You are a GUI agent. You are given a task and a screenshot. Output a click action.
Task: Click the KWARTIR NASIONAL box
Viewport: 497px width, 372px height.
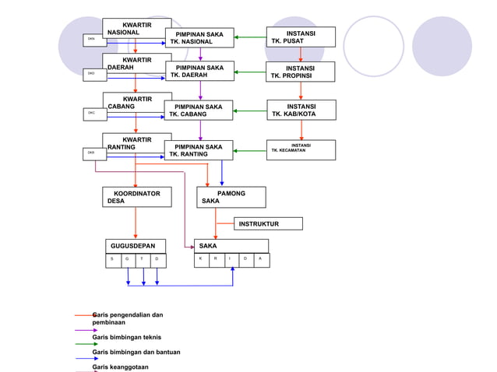pos(136,28)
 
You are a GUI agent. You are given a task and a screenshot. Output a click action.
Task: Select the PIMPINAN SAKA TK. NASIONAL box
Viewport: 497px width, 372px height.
pos(199,38)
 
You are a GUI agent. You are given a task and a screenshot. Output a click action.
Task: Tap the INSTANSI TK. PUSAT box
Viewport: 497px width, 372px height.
pos(301,37)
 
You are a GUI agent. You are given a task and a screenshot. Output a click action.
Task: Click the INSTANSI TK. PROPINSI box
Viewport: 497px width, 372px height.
pos(301,72)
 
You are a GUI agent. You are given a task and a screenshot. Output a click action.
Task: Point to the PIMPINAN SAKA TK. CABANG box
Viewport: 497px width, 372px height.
pos(199,111)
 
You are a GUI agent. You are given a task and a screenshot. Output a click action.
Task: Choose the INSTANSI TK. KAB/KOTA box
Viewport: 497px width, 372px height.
pos(301,110)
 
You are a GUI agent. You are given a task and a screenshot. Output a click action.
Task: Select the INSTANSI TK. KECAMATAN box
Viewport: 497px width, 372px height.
pos(301,149)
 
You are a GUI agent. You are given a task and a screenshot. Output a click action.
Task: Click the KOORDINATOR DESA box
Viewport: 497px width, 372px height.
pos(136,197)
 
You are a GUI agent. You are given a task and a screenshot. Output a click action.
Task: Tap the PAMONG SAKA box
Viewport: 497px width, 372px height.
pos(231,197)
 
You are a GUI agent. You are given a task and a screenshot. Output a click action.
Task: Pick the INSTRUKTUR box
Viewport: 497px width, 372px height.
pos(268,224)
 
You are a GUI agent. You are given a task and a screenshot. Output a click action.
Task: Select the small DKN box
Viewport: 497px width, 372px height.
pos(93,39)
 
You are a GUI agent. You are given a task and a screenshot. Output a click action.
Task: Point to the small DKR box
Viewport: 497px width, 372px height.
pos(93,154)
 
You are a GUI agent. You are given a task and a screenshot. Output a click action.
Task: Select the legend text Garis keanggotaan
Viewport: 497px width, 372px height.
pos(120,367)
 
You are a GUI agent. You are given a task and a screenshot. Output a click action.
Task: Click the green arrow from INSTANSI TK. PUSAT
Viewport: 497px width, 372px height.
pos(249,37)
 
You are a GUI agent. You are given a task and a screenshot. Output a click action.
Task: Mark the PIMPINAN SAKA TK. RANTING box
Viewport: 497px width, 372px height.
pos(199,150)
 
